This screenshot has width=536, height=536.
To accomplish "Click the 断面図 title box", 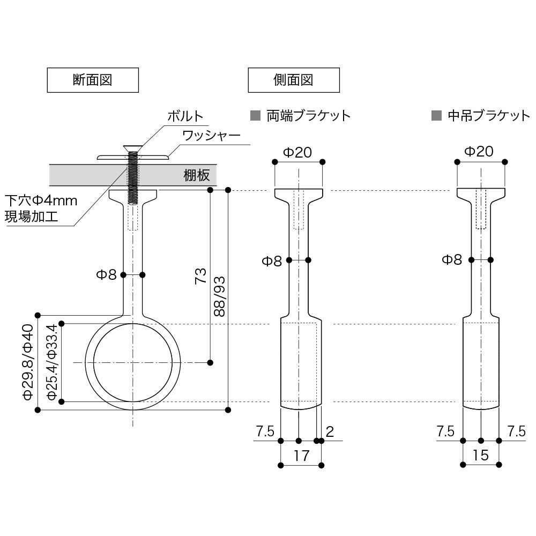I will [x=94, y=80].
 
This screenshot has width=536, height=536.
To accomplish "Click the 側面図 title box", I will [x=293, y=80].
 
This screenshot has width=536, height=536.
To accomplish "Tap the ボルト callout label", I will [x=185, y=115].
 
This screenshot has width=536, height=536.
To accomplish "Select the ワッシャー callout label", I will [x=211, y=135].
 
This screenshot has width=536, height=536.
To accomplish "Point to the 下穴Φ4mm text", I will [x=41, y=201].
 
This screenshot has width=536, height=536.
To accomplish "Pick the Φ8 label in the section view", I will [x=106, y=275].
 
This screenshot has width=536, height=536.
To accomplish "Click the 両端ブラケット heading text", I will [x=308, y=115].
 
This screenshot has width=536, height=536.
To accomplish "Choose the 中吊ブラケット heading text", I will [x=488, y=115].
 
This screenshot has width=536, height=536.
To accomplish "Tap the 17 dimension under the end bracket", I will [x=301, y=456].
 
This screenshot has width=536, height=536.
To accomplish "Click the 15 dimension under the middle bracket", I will [x=481, y=456].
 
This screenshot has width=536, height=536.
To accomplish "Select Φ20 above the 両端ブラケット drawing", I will [x=297, y=152].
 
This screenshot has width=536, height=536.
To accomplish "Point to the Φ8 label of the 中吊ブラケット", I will [x=452, y=260].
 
